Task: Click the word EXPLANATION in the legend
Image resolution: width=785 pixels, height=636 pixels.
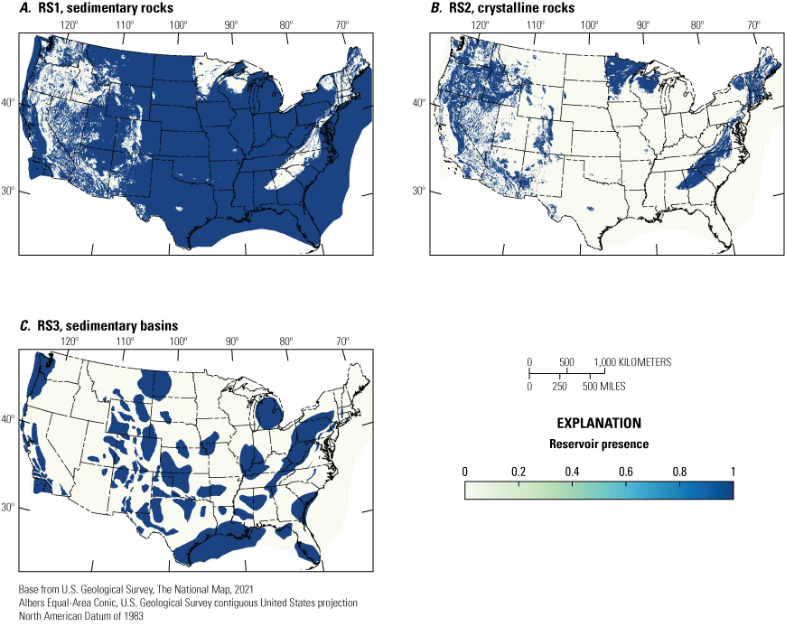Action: pyautogui.click(x=599, y=423)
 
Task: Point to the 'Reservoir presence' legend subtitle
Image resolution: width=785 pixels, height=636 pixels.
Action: pyautogui.click(x=599, y=444)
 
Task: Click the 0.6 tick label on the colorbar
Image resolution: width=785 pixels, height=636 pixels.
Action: pyautogui.click(x=625, y=472)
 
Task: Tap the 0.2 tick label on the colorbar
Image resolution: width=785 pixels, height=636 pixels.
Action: pyautogui.click(x=518, y=472)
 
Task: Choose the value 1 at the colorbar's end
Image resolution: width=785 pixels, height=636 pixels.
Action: pyautogui.click(x=733, y=472)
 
